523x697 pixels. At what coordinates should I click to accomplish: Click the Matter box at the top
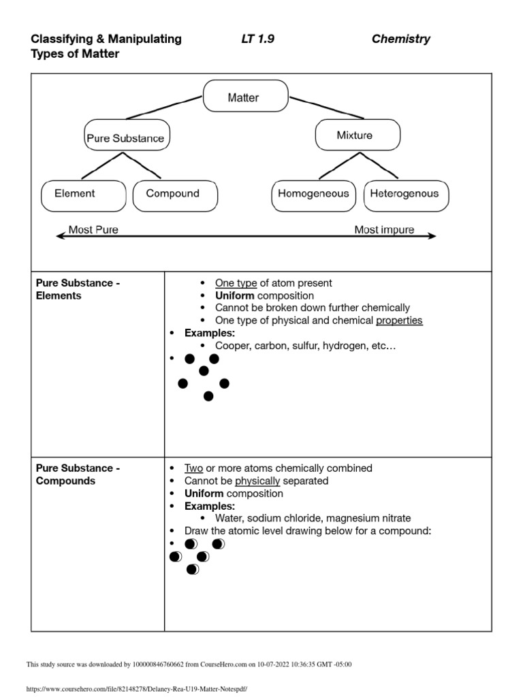point(242,98)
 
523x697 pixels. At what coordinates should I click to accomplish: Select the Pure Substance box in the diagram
point(125,138)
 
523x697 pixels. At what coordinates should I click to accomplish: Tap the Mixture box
point(354,135)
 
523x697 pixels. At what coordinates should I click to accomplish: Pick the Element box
point(75,193)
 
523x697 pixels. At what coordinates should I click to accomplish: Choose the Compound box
point(172,193)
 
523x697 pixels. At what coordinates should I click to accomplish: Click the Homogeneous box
point(313,193)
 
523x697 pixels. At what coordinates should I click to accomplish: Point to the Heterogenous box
point(405,193)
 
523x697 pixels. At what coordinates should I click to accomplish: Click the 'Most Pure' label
point(93,229)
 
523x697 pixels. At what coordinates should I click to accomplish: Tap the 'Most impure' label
point(384,229)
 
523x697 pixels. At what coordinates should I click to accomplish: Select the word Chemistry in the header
point(400,39)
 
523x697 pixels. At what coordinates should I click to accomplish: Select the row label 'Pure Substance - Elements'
point(78,289)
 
